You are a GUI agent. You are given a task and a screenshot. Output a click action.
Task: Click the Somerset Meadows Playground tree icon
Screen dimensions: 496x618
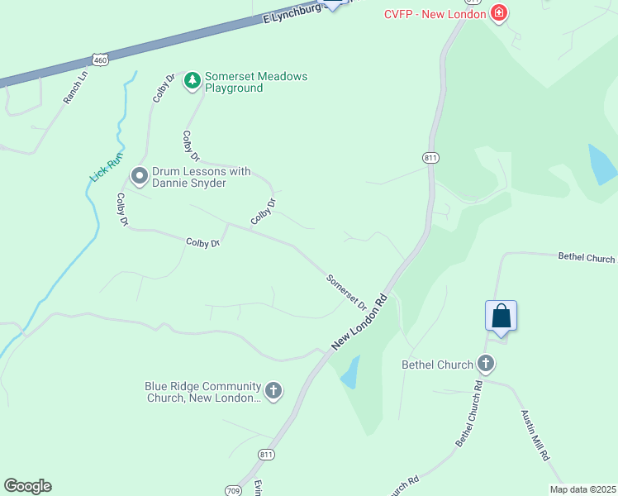point(193,80)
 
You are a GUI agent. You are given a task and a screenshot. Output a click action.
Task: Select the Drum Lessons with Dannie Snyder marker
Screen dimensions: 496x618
point(139,175)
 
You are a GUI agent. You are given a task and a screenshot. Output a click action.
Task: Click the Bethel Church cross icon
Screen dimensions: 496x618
point(486,363)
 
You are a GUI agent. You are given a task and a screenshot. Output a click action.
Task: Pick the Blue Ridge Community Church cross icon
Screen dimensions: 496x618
point(273,389)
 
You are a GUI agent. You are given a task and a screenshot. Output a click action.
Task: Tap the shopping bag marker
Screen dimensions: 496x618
point(501,316)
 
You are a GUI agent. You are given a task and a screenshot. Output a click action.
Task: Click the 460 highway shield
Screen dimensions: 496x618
point(100,60)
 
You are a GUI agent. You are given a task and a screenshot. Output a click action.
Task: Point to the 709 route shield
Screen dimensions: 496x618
point(232,490)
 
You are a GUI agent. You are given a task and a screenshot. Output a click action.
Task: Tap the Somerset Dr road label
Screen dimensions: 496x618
point(347,292)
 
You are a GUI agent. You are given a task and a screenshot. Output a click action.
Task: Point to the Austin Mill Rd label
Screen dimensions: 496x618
point(535,435)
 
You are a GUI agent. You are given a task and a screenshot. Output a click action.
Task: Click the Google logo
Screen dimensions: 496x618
point(27,486)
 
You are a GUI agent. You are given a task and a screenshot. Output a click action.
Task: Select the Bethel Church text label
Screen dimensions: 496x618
point(437,364)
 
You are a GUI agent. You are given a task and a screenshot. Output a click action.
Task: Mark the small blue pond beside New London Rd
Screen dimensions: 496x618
point(350,372)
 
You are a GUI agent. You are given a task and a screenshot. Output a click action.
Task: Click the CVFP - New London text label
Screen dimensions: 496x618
point(435,13)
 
